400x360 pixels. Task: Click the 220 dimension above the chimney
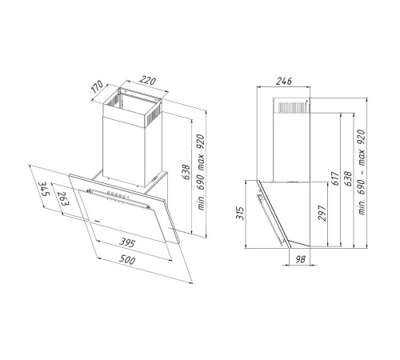pos(148,80)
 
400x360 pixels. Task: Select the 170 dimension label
pos(98,86)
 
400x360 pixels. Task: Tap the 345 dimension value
pos(43,189)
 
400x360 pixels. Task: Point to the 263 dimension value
pos(63,199)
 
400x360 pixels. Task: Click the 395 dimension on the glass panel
pos(127,242)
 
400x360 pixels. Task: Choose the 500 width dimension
pos(126,259)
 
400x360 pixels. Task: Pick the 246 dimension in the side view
pos(284,81)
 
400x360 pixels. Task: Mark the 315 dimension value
pos(241,213)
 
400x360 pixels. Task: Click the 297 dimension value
pos(322,213)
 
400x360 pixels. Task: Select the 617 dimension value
pos(335,178)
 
